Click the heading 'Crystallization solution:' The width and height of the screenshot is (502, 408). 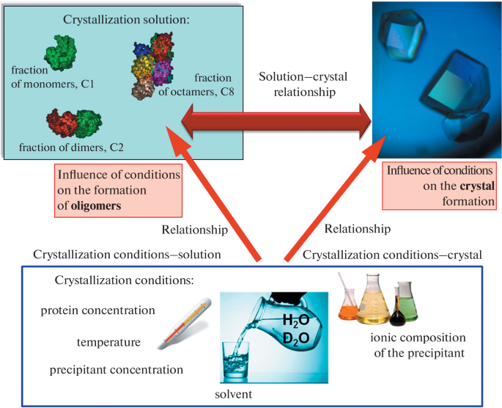[125, 21]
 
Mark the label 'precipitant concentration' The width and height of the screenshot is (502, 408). [117, 369]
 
